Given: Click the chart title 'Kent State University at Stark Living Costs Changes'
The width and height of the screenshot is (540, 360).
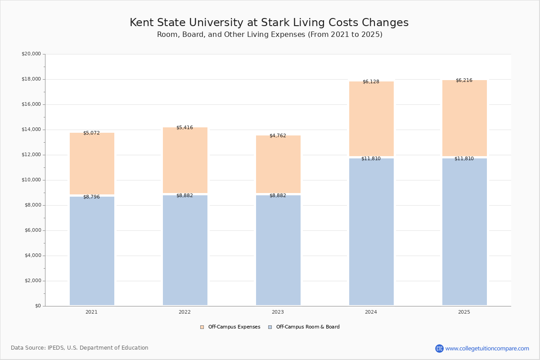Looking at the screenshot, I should (269, 23).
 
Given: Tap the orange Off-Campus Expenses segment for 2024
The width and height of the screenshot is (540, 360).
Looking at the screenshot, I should (371, 119).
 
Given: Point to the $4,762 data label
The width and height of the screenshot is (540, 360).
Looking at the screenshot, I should (278, 135).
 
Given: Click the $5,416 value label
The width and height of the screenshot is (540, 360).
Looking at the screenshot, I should (184, 128).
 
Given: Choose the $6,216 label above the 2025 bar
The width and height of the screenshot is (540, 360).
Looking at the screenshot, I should (464, 81).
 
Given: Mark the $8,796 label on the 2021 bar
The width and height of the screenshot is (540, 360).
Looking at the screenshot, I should (91, 197).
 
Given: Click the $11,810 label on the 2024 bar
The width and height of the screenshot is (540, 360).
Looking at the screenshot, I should (371, 159).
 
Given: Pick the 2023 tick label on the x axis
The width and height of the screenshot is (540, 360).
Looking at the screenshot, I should (278, 312).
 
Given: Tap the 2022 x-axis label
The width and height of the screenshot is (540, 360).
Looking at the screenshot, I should (184, 312).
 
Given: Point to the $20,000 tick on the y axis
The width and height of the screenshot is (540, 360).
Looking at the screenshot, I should (31, 54).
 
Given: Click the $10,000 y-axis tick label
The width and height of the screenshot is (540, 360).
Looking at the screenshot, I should (31, 180).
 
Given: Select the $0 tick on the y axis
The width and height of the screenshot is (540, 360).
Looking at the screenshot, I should (38, 306).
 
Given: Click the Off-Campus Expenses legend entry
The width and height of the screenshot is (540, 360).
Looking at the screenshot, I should (230, 327).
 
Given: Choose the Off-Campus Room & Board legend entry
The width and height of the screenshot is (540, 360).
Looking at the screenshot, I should (304, 327).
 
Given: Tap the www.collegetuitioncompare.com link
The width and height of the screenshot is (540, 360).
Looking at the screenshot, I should (487, 348).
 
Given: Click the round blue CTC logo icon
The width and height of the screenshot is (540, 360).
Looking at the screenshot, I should (439, 348).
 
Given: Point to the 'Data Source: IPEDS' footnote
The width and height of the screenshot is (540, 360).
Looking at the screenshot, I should (80, 348).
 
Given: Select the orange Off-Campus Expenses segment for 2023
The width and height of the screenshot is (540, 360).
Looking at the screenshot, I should (278, 164).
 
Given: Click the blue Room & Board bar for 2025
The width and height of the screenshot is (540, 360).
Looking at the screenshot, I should (464, 232).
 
